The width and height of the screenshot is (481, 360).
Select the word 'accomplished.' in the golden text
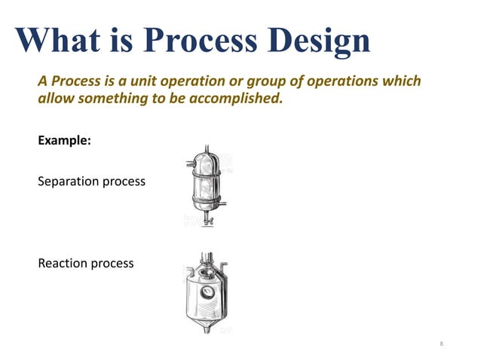(239, 99)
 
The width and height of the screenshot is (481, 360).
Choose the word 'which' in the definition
(402, 81)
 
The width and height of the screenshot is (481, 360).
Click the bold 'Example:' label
(64, 141)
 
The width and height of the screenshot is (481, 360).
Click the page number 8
(442, 344)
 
